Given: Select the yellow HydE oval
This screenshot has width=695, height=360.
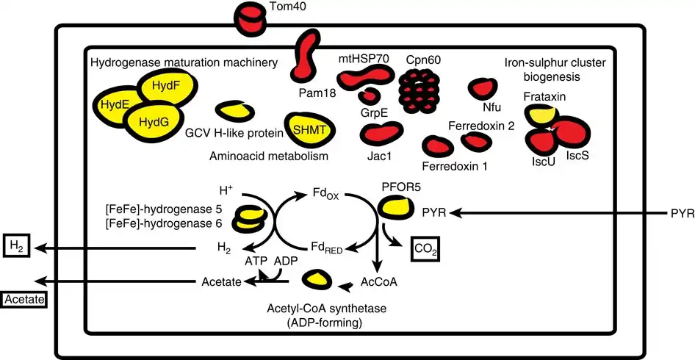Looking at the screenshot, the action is tap(116, 106).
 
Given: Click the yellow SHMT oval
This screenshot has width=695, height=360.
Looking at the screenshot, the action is tap(310, 130).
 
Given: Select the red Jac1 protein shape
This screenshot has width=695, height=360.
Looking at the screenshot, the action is tap(381, 134).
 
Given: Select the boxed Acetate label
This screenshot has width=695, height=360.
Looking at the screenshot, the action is tap(24, 300).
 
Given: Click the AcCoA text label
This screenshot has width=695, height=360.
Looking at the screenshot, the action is tap(379, 281).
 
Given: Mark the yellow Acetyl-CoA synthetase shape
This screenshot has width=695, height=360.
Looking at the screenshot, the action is tap(317, 279).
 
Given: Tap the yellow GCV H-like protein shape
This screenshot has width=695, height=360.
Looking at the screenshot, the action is tap(234, 111).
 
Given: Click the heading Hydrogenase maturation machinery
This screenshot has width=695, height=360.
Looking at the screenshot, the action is tap(184, 62).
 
